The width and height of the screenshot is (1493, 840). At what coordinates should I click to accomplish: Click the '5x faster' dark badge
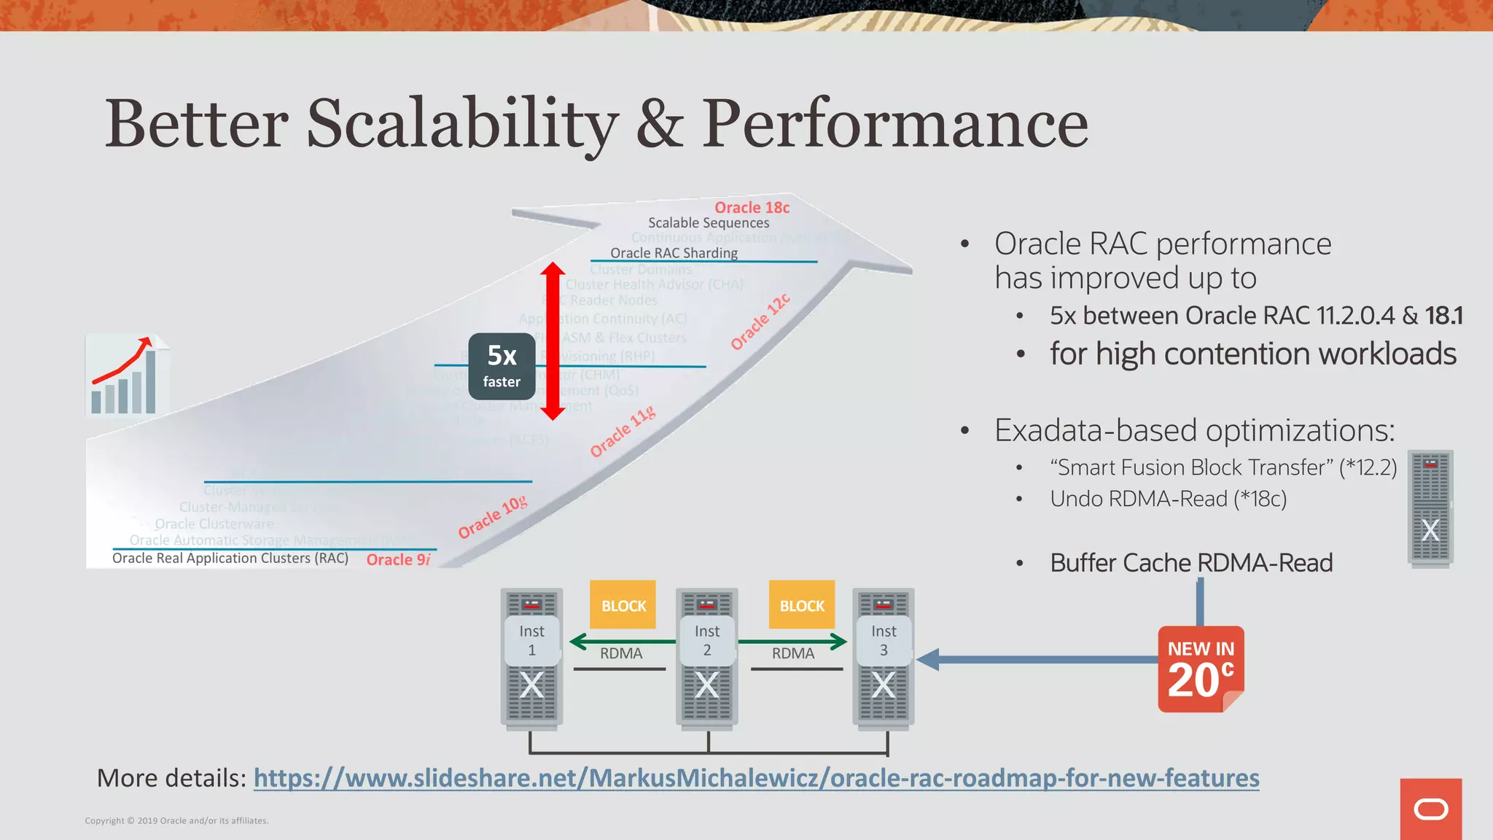click(x=502, y=366)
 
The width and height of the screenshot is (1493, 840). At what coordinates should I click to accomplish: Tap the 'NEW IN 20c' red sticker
click(x=1200, y=669)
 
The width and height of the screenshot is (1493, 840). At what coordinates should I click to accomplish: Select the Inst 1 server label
click(x=531, y=640)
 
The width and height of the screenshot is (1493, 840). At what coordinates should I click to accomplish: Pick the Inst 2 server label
click(x=706, y=640)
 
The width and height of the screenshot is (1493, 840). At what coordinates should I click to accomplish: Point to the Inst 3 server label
click(x=883, y=640)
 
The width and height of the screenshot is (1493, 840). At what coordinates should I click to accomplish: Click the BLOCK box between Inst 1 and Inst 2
click(x=623, y=604)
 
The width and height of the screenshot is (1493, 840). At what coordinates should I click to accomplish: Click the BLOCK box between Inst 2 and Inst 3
click(x=801, y=604)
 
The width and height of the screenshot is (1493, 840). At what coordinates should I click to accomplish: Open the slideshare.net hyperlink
click(x=756, y=778)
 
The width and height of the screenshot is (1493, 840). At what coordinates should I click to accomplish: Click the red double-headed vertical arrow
click(x=553, y=341)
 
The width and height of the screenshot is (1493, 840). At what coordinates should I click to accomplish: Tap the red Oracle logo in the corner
click(x=1430, y=809)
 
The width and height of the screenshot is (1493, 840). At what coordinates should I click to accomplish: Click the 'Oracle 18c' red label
click(x=752, y=208)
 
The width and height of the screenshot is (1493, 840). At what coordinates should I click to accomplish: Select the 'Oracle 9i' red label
click(x=398, y=559)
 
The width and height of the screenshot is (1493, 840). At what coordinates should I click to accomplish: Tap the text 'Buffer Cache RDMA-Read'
click(x=1191, y=563)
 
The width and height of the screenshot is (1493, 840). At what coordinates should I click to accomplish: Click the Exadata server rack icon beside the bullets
click(x=1430, y=507)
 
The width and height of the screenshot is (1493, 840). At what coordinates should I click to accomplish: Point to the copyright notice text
click(x=176, y=820)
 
